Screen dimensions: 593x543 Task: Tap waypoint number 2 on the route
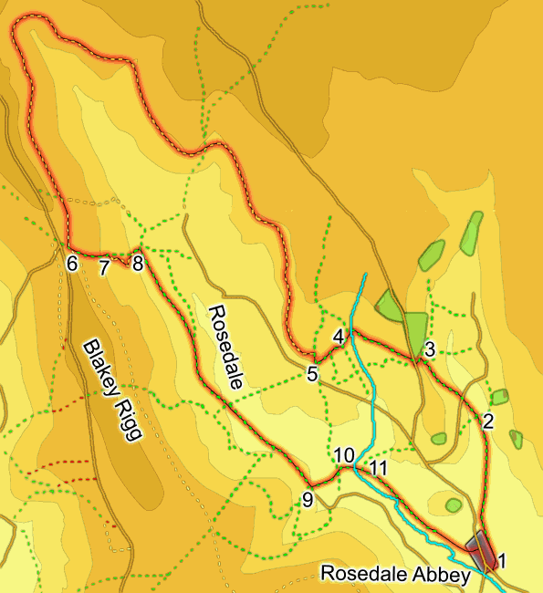pos(487,421)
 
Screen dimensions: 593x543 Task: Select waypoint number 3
pos(430,347)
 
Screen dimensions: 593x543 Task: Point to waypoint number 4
pos(339,337)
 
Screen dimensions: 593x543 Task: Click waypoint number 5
pos(312,374)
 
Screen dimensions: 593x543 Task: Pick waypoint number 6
pos(72,265)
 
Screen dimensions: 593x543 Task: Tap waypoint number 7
pos(103,267)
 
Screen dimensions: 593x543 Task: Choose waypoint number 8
pos(138,265)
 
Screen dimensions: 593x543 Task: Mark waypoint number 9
pos(308,499)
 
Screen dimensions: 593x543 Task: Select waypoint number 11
pos(379,468)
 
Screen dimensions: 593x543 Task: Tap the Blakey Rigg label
pos(114,390)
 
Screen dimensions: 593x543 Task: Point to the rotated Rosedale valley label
pos(225,347)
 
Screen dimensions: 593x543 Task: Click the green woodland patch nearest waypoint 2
pos(499,397)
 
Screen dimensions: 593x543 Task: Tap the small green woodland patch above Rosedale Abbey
pos(454,505)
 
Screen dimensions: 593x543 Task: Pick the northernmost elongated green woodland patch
pos(471,233)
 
